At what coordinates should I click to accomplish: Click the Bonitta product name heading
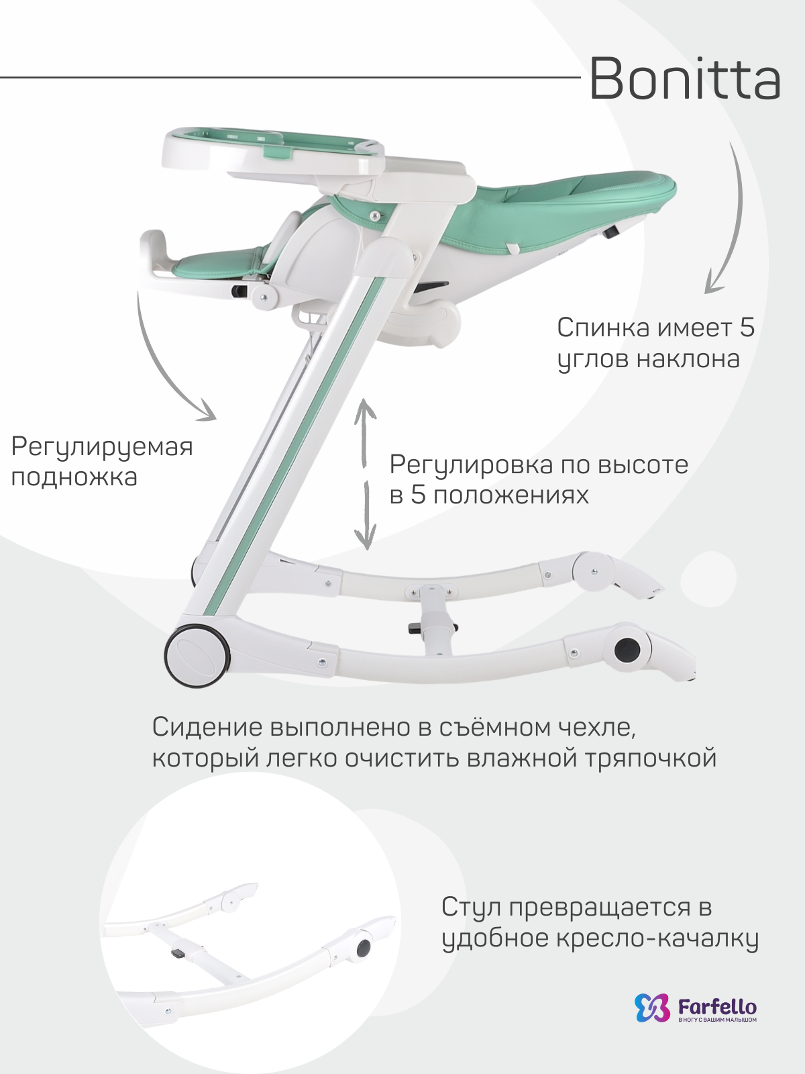click(x=684, y=79)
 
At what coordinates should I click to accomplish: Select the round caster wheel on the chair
click(x=197, y=656)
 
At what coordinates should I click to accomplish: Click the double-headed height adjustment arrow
click(x=366, y=473)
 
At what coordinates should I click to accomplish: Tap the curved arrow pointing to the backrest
click(x=728, y=222)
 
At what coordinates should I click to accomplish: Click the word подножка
click(x=74, y=477)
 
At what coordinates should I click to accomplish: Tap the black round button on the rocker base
click(x=628, y=649)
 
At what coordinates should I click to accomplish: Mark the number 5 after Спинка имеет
click(x=747, y=328)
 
